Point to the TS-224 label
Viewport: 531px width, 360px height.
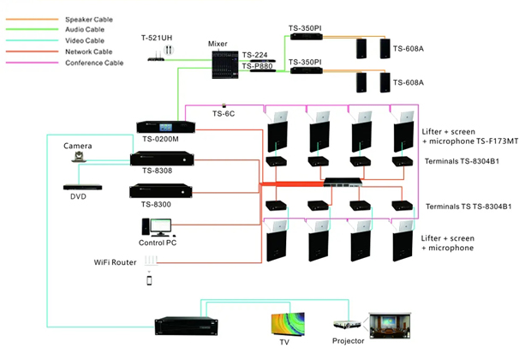tap(256, 53)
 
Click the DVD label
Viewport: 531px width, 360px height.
tap(78, 197)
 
